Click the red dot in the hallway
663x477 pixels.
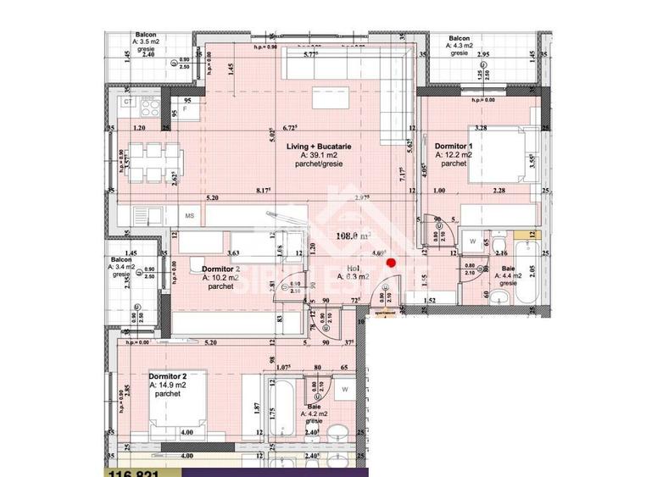(391, 263)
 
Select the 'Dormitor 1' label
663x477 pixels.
(454, 146)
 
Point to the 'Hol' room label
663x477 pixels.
(349, 268)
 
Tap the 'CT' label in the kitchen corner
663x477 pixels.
(127, 101)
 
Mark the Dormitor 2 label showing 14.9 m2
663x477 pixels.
(167, 375)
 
